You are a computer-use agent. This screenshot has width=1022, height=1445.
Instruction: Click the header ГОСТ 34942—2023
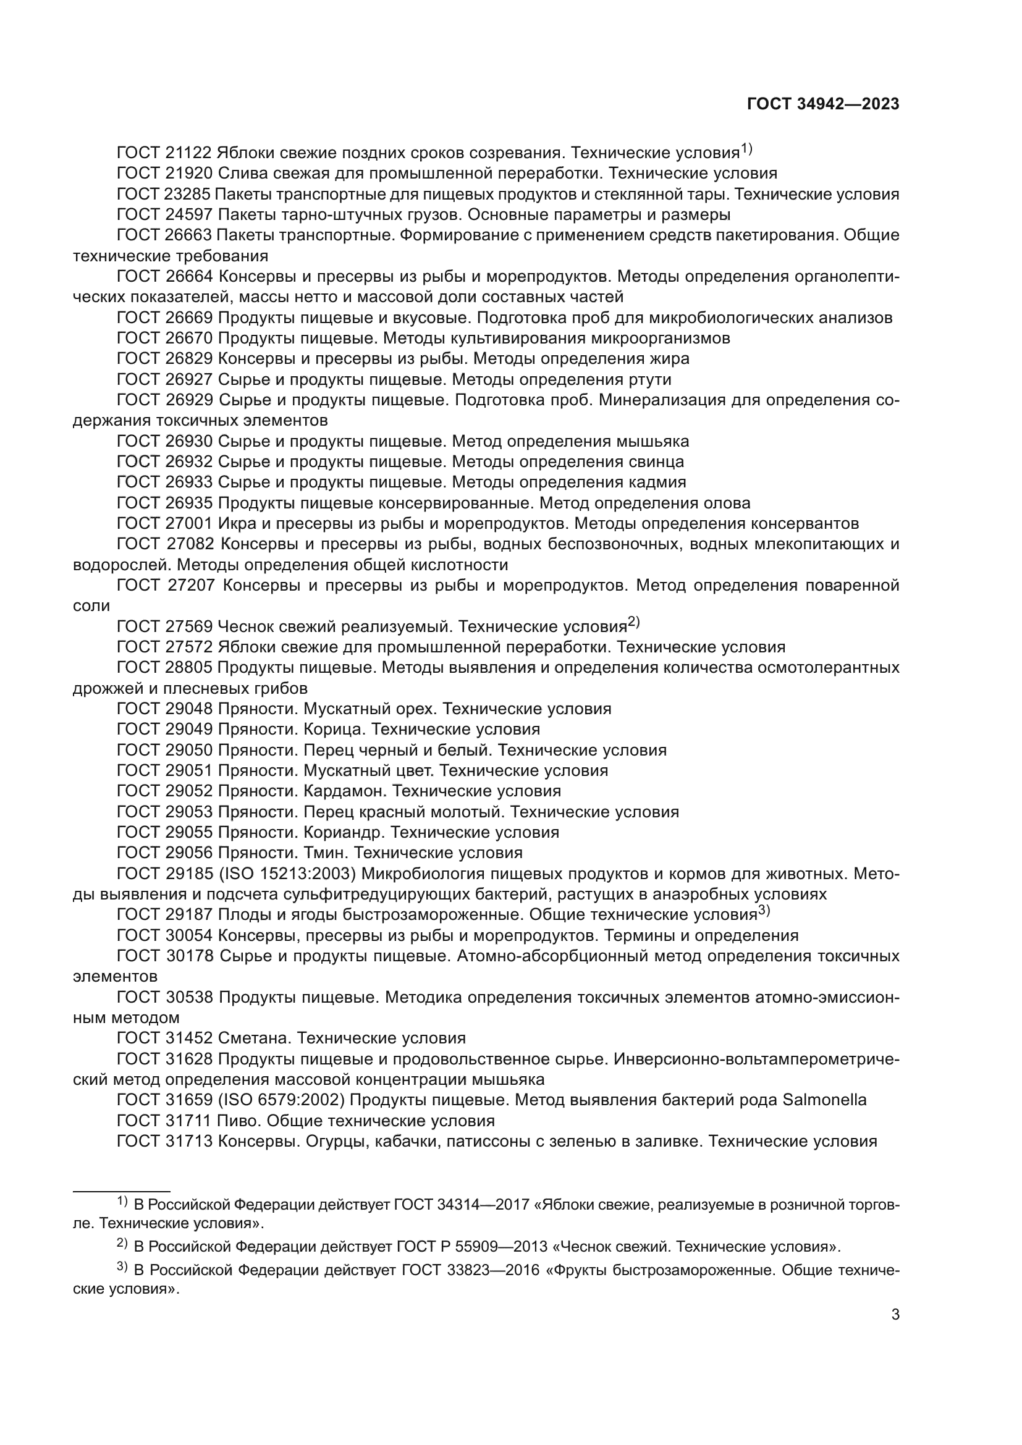[822, 104]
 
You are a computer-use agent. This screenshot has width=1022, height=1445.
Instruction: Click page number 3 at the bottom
[895, 1315]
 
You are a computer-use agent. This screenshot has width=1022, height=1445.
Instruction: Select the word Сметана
[254, 1038]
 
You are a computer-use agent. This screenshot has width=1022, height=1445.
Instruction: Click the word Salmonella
[824, 1100]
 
